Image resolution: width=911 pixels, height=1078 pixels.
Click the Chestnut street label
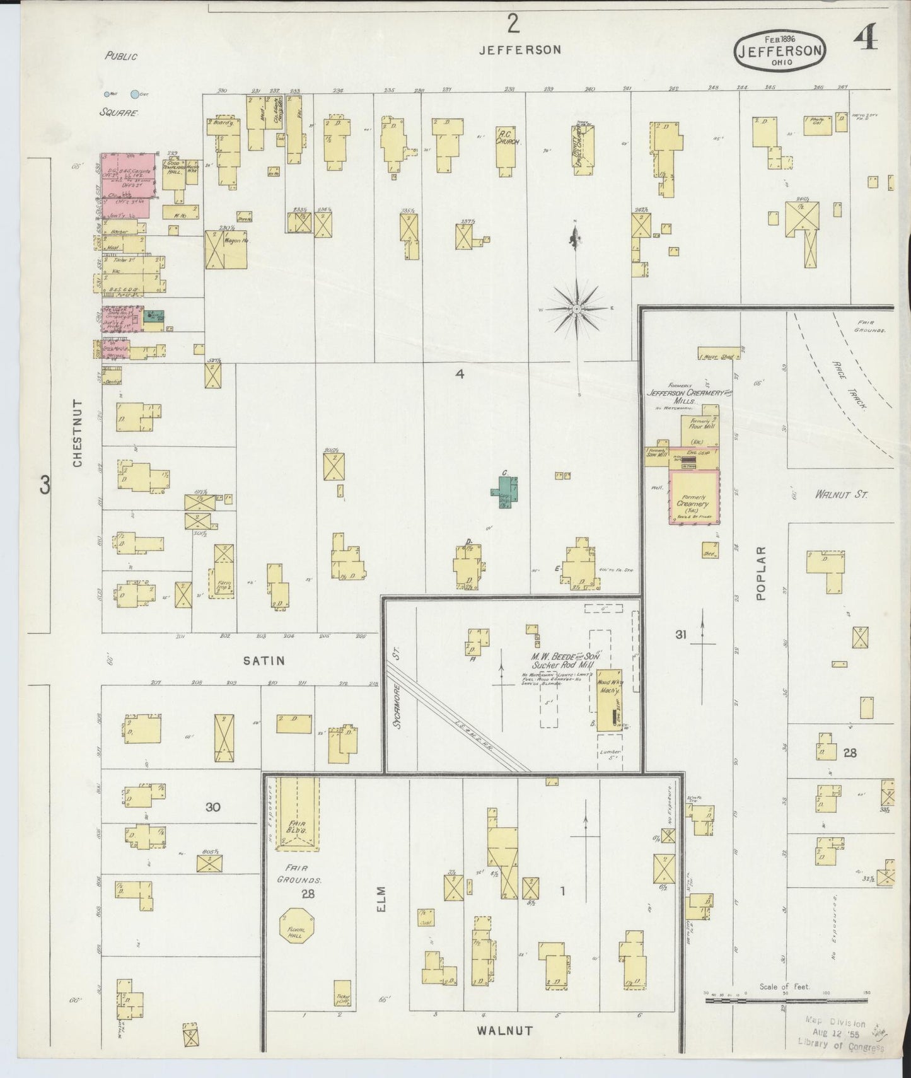[78, 432]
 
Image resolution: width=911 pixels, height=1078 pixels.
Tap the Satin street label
[264, 661]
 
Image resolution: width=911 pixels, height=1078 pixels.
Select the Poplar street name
[761, 572]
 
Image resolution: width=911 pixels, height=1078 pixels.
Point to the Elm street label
[382, 898]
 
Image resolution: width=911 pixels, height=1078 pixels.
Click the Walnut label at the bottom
[504, 1031]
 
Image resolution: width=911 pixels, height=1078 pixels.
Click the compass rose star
[577, 309]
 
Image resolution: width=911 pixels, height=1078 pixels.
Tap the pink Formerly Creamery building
[694, 497]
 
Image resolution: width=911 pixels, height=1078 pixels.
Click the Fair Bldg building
[296, 812]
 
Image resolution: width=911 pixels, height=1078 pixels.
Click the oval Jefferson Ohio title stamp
[780, 50]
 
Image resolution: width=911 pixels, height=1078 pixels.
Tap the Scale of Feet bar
[786, 1000]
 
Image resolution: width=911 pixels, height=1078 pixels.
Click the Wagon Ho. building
[225, 250]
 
